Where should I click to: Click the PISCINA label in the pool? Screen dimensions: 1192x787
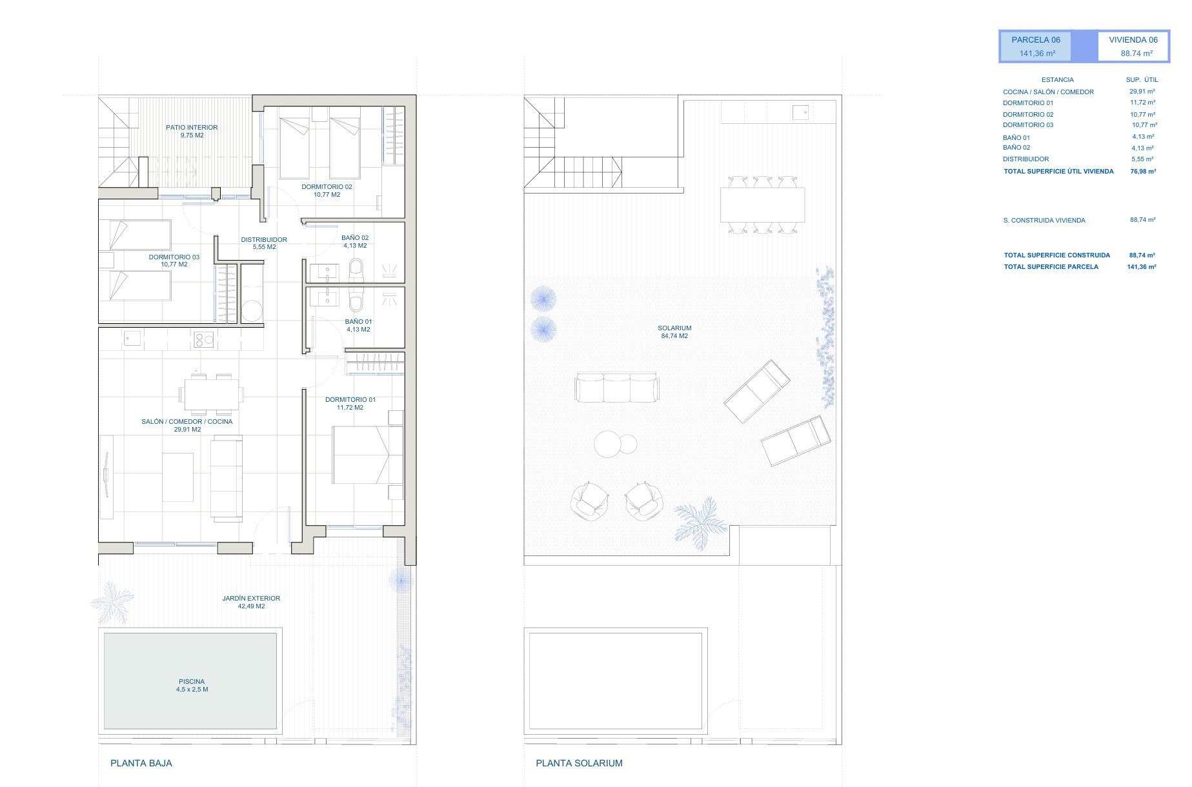point(192,681)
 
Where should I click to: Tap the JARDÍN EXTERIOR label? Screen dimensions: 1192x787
point(251,598)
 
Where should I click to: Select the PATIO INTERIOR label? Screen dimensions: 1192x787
point(192,127)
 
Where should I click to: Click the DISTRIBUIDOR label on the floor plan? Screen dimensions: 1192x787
point(264,239)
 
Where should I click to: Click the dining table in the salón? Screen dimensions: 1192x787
point(211,393)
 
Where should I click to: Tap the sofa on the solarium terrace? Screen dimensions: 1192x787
point(617,388)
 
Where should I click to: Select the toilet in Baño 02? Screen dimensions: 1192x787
point(356,270)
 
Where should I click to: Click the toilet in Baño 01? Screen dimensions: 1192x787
point(356,299)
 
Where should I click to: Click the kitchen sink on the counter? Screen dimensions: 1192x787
point(133,338)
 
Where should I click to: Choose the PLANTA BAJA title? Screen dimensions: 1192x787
point(141,763)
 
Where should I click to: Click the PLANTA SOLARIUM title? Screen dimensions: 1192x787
point(579,763)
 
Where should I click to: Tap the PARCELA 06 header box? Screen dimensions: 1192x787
point(1036,46)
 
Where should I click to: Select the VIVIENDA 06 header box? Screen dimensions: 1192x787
point(1133,46)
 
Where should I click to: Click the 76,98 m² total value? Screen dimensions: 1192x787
point(1143,172)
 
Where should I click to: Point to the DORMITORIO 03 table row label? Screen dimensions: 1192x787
point(1028,125)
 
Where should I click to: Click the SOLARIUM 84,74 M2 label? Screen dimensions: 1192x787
point(674,332)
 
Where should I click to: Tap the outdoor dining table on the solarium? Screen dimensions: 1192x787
point(763,204)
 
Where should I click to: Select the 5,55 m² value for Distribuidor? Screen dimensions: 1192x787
point(1143,159)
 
